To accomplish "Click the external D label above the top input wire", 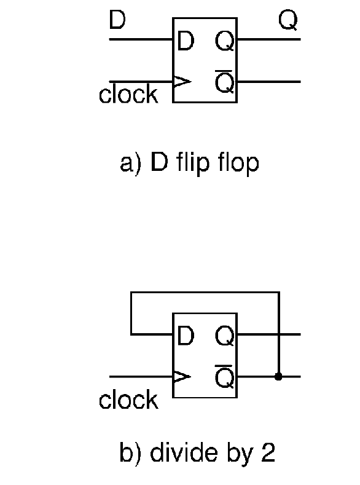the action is pyautogui.click(x=117, y=20).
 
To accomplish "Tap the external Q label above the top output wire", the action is pyautogui.click(x=288, y=20).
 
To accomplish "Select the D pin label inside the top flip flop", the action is pyautogui.click(x=186, y=41).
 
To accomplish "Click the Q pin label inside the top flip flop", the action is pyautogui.click(x=224, y=41).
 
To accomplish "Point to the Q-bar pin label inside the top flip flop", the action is pyautogui.click(x=224, y=82).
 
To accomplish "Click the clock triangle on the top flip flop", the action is pyautogui.click(x=182, y=82).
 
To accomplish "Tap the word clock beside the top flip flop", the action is pyautogui.click(x=128, y=93).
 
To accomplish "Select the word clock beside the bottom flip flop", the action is pyautogui.click(x=128, y=400).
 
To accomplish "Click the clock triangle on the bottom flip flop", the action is pyautogui.click(x=182, y=377).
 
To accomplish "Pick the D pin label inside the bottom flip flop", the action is pyautogui.click(x=186, y=336).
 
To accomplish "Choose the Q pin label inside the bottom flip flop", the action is pyautogui.click(x=224, y=336).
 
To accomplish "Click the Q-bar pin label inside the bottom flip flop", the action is pyautogui.click(x=224, y=377).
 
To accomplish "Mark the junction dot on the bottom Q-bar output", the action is pyautogui.click(x=278, y=377).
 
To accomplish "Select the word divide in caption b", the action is pyautogui.click(x=184, y=452).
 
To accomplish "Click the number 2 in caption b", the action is pyautogui.click(x=268, y=452).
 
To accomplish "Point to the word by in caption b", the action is pyautogui.click(x=240, y=455).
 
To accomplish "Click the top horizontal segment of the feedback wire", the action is pyautogui.click(x=205, y=292).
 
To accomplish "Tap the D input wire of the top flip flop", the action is pyautogui.click(x=141, y=39).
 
